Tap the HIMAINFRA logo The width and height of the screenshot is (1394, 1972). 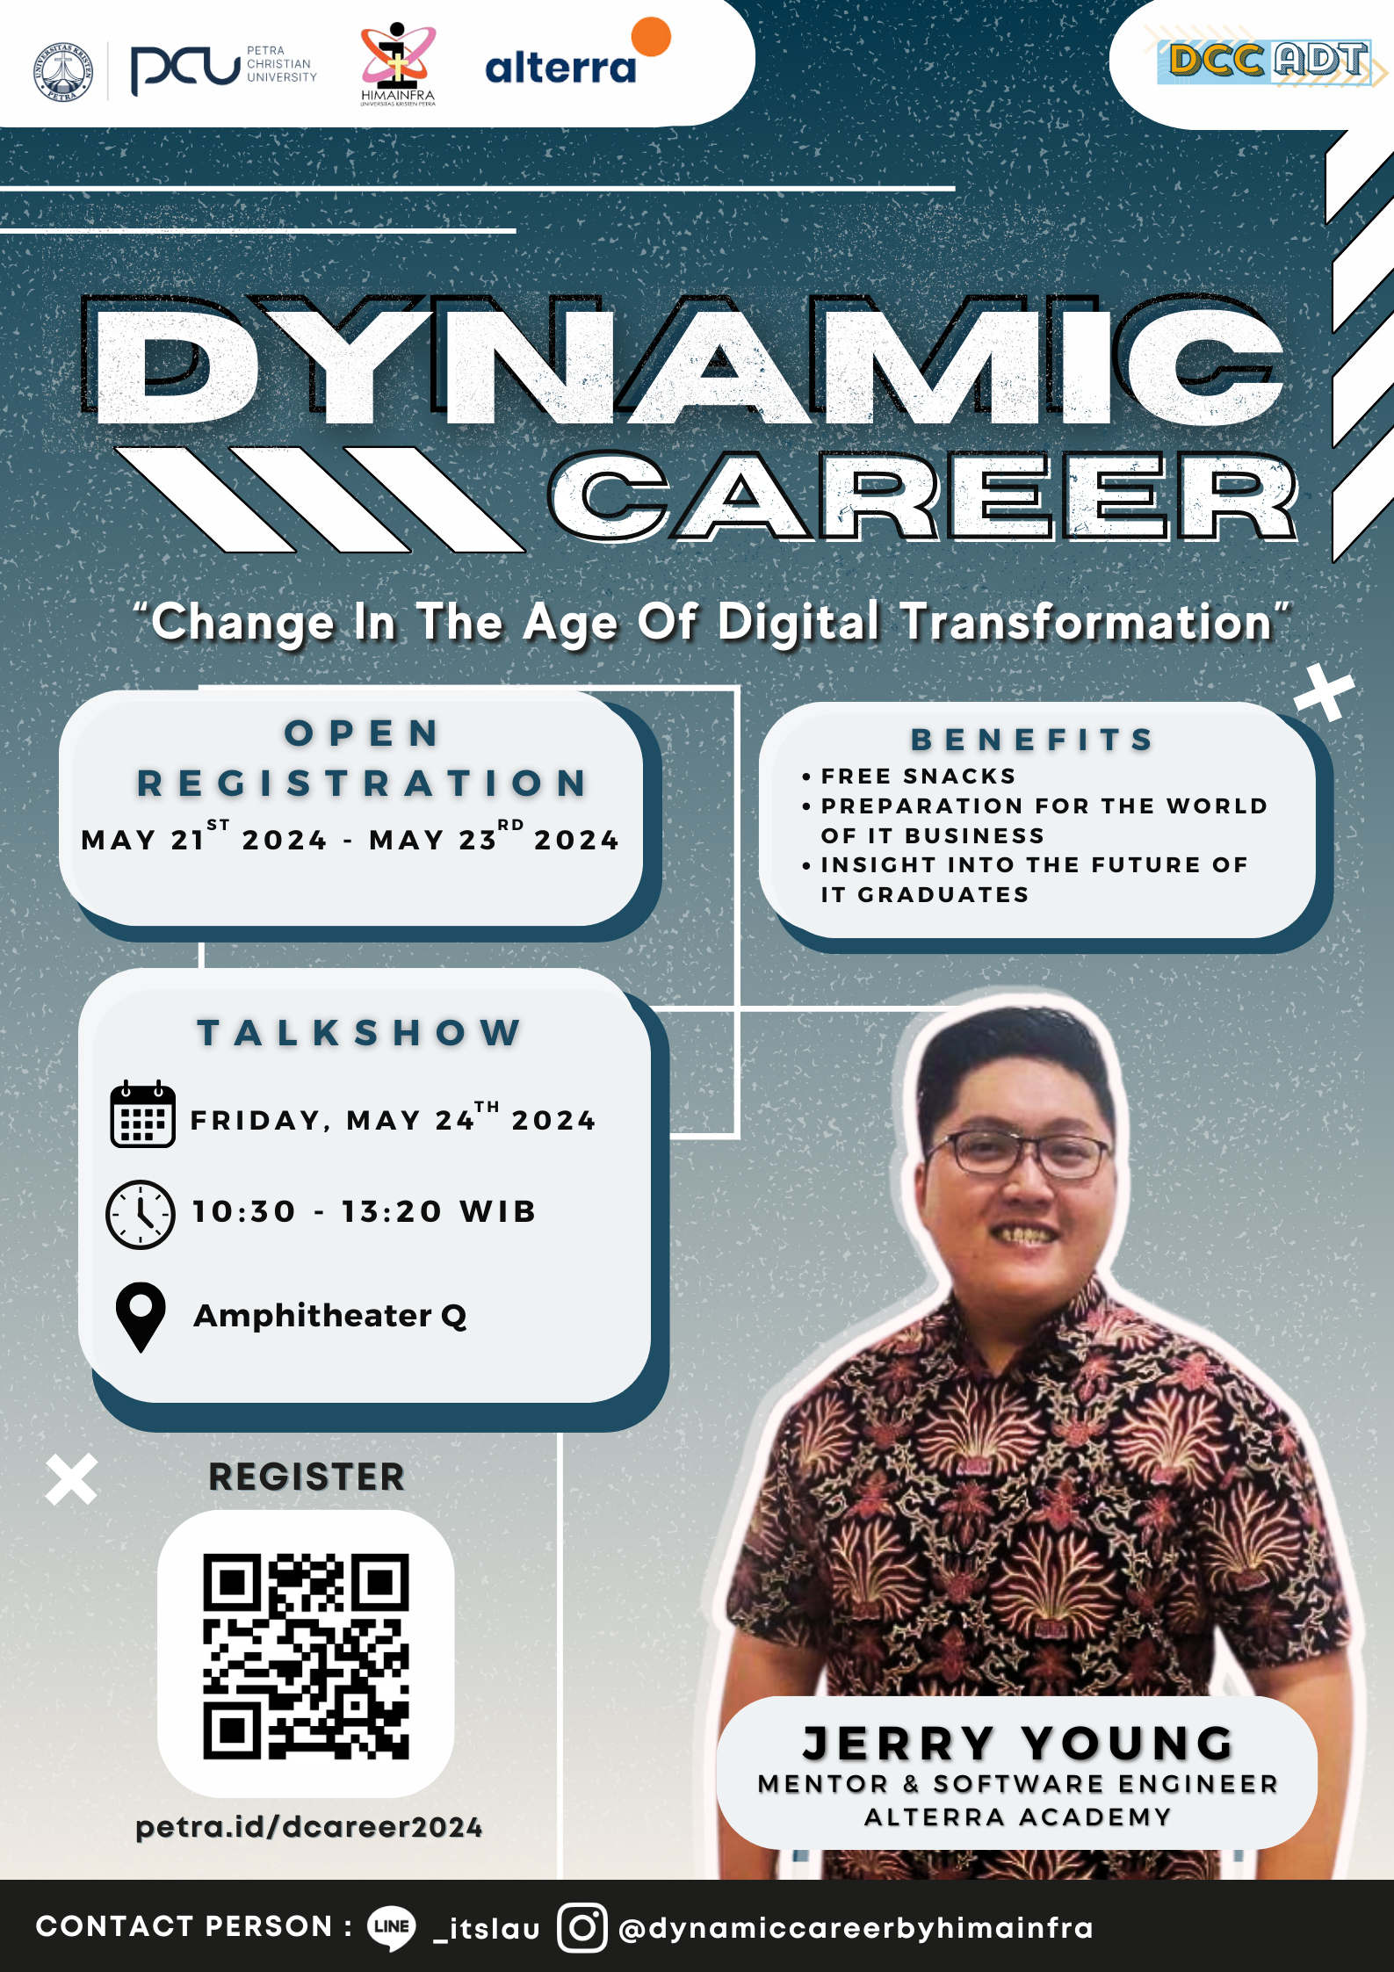pyautogui.click(x=398, y=64)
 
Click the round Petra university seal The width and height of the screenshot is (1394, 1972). pyautogui.click(x=63, y=71)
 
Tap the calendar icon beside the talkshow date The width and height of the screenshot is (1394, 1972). pyautogui.click(x=142, y=1114)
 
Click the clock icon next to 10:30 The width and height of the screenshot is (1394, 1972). pyautogui.click(x=141, y=1214)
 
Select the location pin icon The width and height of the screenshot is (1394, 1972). pyautogui.click(x=141, y=1317)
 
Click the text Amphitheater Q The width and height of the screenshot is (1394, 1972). pyautogui.click(x=330, y=1316)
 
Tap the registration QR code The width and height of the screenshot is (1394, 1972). pyautogui.click(x=306, y=1657)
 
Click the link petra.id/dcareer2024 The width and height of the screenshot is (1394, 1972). pyautogui.click(x=309, y=1827)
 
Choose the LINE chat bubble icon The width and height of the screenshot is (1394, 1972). pyautogui.click(x=392, y=1928)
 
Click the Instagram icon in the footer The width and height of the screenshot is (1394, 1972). pyautogui.click(x=582, y=1928)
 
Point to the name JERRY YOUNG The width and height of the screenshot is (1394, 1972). pyautogui.click(x=1019, y=1744)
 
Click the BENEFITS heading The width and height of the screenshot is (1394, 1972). pyautogui.click(x=1033, y=740)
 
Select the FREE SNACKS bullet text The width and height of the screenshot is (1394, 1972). pyautogui.click(x=919, y=777)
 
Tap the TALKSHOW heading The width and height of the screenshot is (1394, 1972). pyautogui.click(x=360, y=1033)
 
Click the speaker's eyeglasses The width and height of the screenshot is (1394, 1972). pyautogui.click(x=1018, y=1153)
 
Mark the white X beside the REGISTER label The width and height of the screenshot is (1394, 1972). pyautogui.click(x=72, y=1479)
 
